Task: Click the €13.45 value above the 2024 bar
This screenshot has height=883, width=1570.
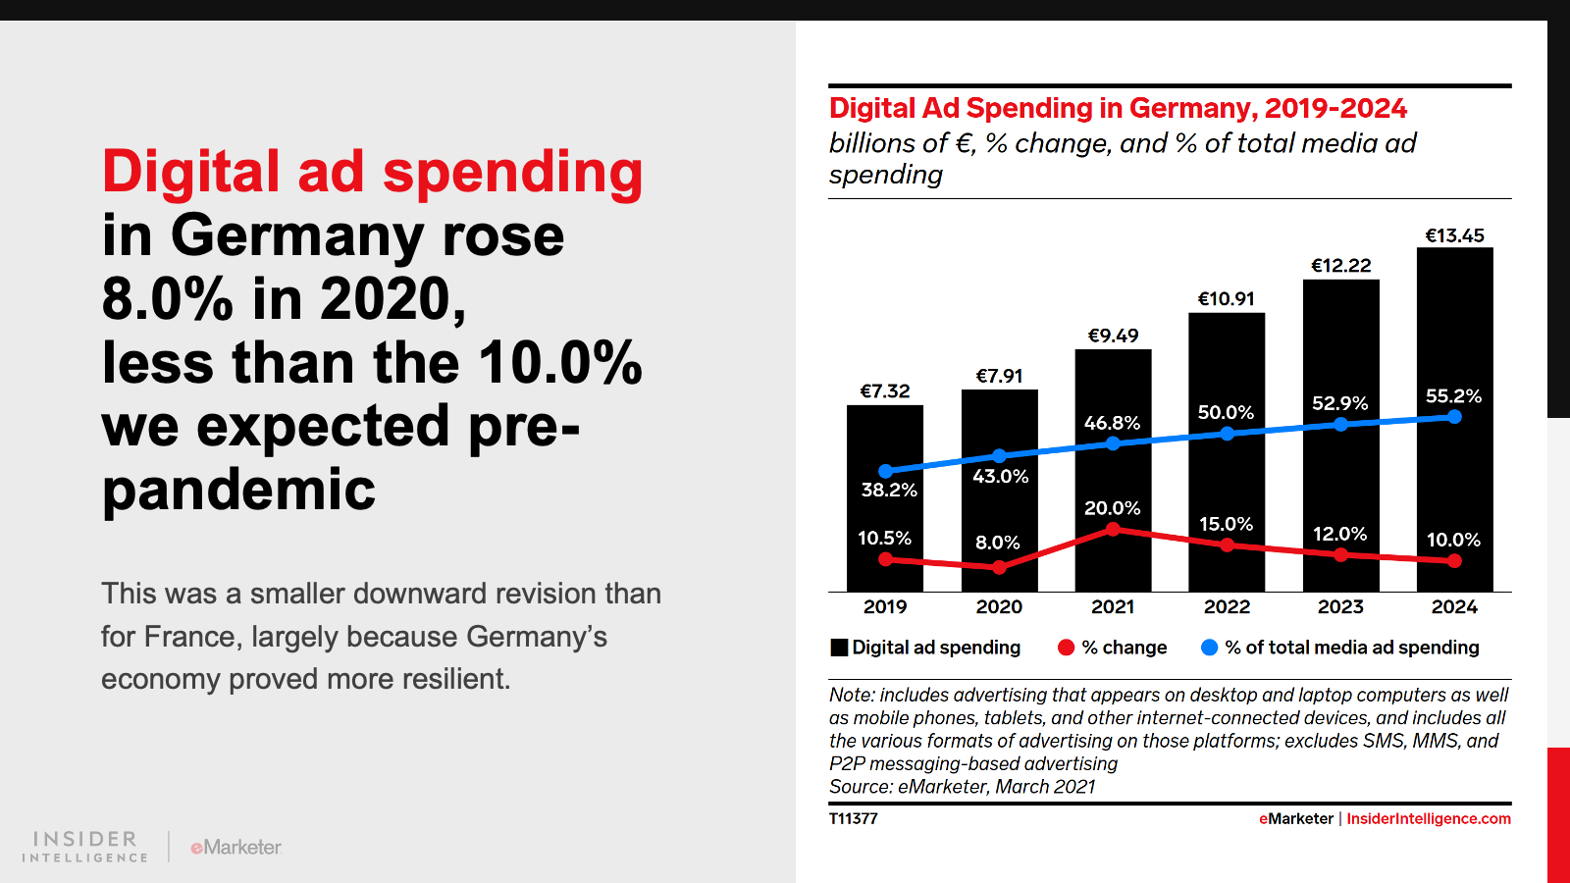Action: coord(1454,235)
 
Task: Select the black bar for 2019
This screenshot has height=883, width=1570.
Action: coord(885,441)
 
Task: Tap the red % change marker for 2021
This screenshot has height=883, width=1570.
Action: coord(1113,530)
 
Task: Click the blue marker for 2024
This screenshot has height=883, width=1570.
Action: coord(1454,417)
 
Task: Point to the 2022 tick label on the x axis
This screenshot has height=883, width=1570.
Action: coord(1227,607)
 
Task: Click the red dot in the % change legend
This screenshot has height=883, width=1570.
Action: coord(1067,648)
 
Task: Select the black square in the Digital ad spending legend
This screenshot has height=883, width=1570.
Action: coord(839,648)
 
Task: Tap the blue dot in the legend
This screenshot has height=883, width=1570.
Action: coord(1209,648)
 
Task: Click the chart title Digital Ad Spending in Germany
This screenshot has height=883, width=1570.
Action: coord(1118,108)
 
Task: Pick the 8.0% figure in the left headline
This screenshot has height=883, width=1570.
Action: coord(167,299)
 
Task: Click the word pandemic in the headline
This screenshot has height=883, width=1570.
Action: coord(238,490)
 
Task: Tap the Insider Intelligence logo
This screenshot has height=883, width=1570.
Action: coord(85,847)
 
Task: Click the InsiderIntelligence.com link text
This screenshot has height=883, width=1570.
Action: coord(1428,819)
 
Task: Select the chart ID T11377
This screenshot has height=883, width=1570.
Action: coord(853,819)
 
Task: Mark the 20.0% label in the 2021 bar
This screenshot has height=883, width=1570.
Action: coord(1112,508)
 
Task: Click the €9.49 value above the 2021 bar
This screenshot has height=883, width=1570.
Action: coord(1113,336)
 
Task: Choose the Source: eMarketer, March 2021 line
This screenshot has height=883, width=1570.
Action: coord(962,787)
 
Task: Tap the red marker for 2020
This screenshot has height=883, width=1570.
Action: coord(999,567)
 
